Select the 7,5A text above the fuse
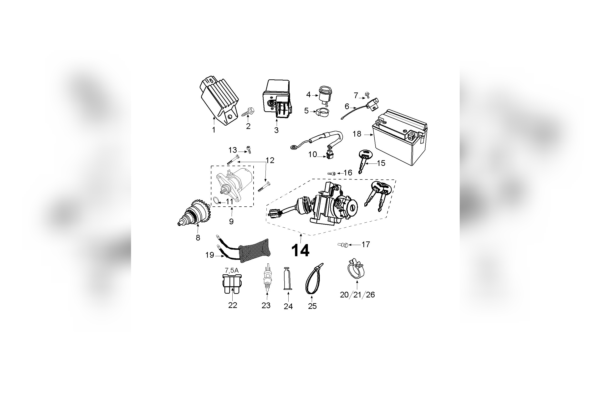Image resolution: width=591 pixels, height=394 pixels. tap(231, 270)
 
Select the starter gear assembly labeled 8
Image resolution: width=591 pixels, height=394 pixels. tap(195, 212)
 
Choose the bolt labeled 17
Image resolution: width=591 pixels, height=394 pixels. tap(343, 244)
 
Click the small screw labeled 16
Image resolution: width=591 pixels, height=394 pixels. tap(331, 173)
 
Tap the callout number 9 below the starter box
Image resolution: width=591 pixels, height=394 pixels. tap(231, 221)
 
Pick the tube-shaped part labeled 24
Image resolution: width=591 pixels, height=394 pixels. tap(288, 279)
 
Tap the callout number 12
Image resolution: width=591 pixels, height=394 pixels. tap(270, 160)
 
